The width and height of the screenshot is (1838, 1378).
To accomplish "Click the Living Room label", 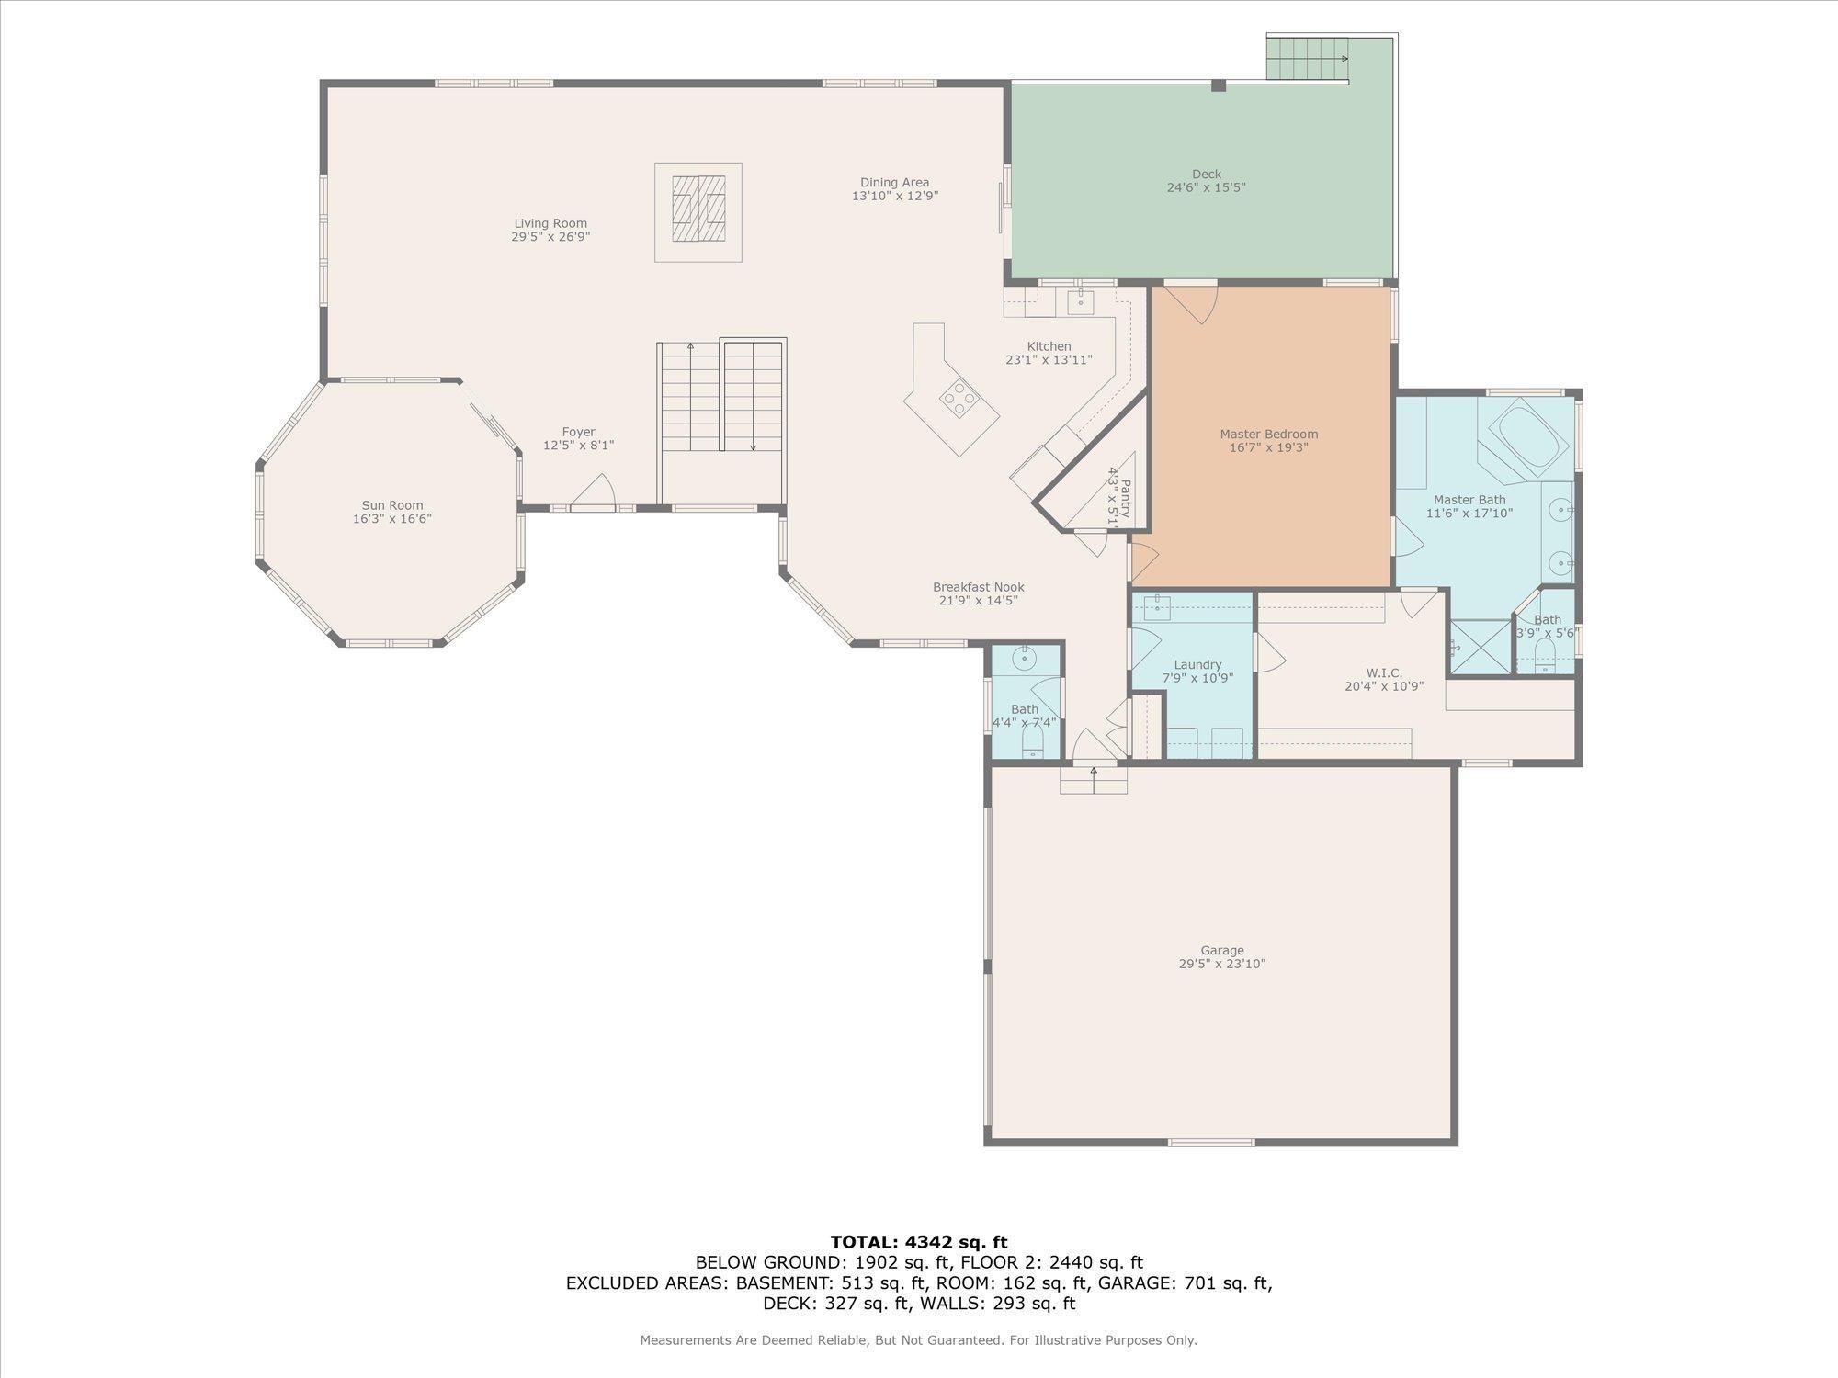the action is pos(550,223).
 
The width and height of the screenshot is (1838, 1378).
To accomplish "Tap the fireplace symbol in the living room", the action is pos(698,212).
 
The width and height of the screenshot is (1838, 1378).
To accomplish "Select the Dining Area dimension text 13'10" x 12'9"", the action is pos(895,196).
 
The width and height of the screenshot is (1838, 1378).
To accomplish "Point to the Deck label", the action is pos(1207,174).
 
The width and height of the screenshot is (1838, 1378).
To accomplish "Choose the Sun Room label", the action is pos(392,505).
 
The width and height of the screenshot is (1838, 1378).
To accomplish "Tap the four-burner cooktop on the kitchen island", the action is pos(958,398).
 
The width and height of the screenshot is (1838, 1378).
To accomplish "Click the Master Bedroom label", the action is pos(1269,434).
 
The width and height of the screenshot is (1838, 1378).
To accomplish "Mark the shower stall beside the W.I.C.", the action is pos(1480,647).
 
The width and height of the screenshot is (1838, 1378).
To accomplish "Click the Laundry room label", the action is pos(1197,665).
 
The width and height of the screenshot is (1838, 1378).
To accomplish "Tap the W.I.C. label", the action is pos(1384,672).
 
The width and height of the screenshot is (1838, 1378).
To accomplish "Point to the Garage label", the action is pos(1222,951).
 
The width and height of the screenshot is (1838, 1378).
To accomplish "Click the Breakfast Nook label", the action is pos(978,587).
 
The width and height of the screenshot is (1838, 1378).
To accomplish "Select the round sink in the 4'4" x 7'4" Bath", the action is pos(1025,660).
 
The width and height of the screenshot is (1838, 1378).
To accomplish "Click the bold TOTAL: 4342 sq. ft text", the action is pos(919,1242).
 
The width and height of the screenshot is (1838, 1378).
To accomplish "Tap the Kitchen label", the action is pos(1049,346).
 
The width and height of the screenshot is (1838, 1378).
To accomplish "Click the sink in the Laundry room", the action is pos(1157,608).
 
